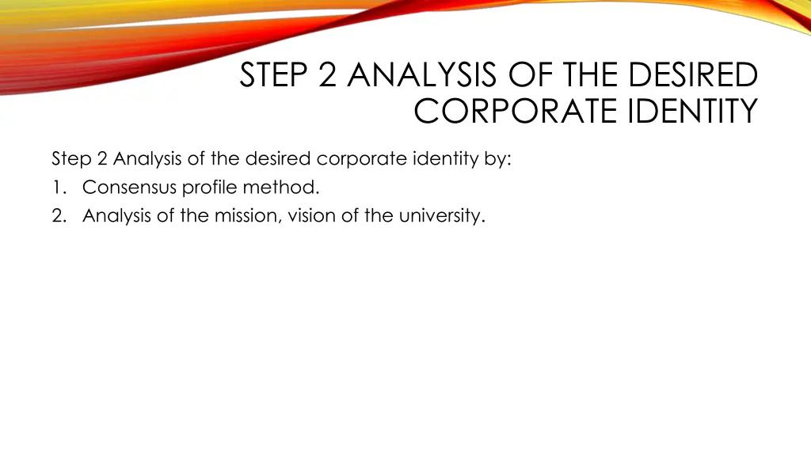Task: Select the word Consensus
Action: pos(129,188)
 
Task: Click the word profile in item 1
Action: pos(208,188)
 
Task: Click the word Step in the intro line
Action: pos(71,159)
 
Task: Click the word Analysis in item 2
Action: pos(116,216)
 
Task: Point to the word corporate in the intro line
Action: pos(361,159)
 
